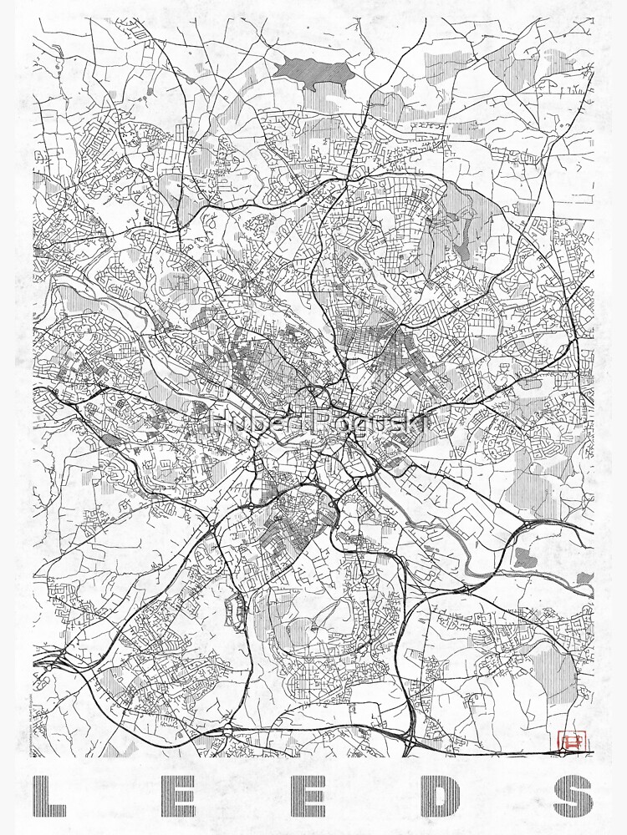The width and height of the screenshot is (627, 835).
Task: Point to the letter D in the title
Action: click(x=441, y=797)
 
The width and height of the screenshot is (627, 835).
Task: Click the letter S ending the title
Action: click(x=573, y=797)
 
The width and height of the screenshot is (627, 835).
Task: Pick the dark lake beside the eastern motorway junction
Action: click(x=524, y=557)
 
